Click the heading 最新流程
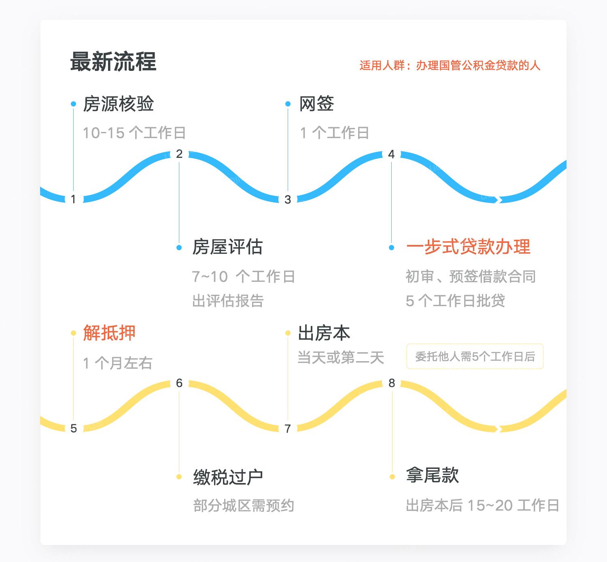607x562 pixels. [113, 62]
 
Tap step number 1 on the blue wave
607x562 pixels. [73, 199]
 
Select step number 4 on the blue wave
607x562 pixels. [391, 154]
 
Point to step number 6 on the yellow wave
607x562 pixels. [179, 383]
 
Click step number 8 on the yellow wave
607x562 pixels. [392, 383]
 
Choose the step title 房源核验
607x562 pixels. [119, 104]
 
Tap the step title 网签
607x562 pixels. [316, 104]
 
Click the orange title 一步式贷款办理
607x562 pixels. [468, 247]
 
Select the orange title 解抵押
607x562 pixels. [109, 333]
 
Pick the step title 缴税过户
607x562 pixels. [228, 477]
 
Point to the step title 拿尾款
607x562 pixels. [433, 475]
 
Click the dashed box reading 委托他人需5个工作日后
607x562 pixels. [475, 357]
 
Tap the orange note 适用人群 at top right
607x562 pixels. [450, 66]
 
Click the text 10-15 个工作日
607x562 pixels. [134, 133]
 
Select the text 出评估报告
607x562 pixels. [228, 301]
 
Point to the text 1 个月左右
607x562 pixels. [118, 363]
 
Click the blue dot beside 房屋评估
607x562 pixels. [179, 247]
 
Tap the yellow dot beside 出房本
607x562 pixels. [288, 333]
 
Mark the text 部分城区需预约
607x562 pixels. [244, 506]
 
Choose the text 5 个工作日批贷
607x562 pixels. [455, 301]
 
